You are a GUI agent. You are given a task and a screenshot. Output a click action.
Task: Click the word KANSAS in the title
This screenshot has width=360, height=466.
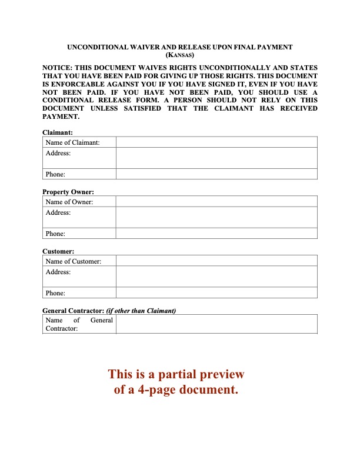[x=180, y=55]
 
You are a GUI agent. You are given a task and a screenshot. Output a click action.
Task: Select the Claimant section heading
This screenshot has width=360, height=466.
[x=58, y=133]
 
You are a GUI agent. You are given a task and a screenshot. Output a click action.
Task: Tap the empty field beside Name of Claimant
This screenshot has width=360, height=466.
[x=216, y=142]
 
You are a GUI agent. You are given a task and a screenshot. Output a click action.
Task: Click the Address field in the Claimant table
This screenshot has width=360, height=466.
[x=216, y=158]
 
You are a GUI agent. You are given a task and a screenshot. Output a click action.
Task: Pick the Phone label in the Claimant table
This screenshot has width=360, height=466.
[x=55, y=174]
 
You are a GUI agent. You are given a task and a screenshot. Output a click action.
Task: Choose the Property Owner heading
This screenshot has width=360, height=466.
[x=68, y=192]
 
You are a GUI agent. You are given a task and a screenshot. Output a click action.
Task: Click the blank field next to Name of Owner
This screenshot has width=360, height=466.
[x=216, y=202]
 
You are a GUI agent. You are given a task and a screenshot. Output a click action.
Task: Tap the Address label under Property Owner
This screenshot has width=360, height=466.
[x=58, y=212]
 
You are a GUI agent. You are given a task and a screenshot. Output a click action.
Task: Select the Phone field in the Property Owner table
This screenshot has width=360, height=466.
[x=216, y=234]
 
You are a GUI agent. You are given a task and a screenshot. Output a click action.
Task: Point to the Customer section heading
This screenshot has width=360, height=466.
[x=58, y=251]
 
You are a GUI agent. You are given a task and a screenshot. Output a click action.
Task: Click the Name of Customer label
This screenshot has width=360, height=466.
[x=74, y=261]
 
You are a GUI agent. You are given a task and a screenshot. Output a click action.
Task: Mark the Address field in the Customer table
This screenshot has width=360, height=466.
[x=216, y=276]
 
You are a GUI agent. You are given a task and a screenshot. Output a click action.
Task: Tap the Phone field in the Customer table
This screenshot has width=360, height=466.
[x=216, y=293]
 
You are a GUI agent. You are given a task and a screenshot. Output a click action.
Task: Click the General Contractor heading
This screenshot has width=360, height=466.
[x=73, y=311]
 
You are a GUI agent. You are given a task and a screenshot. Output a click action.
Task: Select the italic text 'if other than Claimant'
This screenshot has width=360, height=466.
[x=141, y=311]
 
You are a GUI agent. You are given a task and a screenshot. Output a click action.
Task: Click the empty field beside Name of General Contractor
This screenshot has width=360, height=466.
[x=216, y=324]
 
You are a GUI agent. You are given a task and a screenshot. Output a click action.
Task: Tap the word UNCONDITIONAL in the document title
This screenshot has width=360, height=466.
[x=97, y=46]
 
